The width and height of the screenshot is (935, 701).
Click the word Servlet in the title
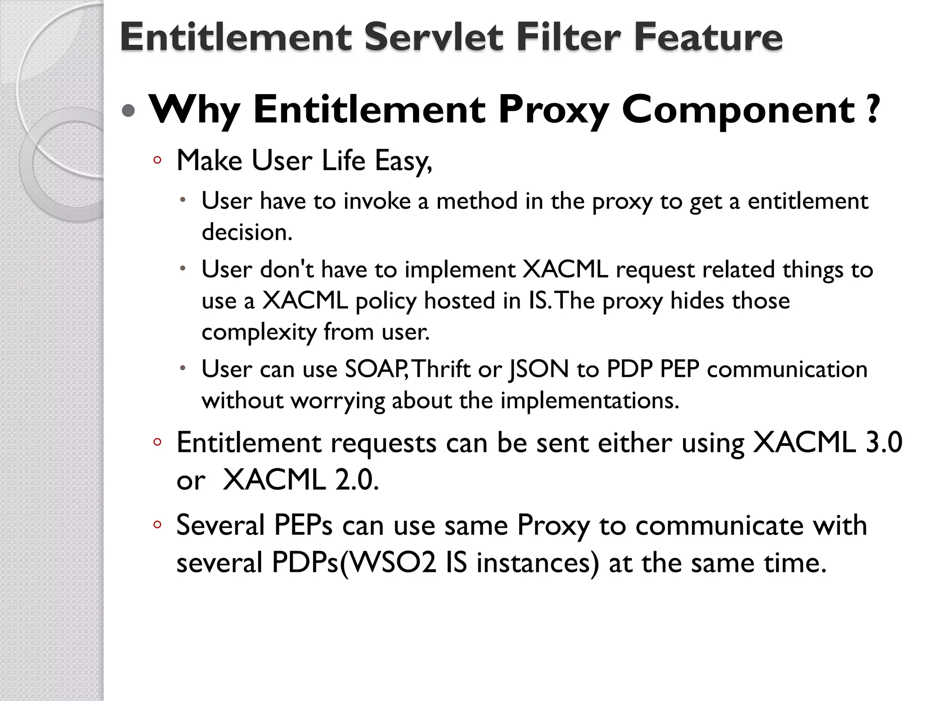coord(433,37)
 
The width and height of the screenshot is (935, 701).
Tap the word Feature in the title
coord(708,37)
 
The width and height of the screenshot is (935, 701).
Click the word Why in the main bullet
coord(194,110)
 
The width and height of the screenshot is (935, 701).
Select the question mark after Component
coord(872,109)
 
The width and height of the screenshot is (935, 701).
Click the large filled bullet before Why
coord(129,111)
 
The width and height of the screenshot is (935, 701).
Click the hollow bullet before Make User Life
coord(157,160)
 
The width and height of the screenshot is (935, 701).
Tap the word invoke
coord(377,201)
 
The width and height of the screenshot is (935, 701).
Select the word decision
coord(247,232)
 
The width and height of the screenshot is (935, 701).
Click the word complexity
coord(259,332)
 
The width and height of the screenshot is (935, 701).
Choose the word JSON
coord(539,369)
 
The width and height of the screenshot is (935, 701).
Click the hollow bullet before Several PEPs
coord(157,525)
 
